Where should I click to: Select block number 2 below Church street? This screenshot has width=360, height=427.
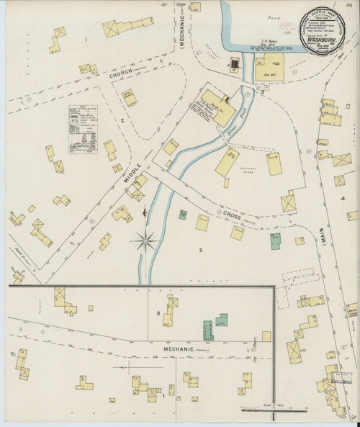122,120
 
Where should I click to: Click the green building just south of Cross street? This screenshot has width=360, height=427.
274,241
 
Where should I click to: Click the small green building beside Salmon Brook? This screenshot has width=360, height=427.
184,215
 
